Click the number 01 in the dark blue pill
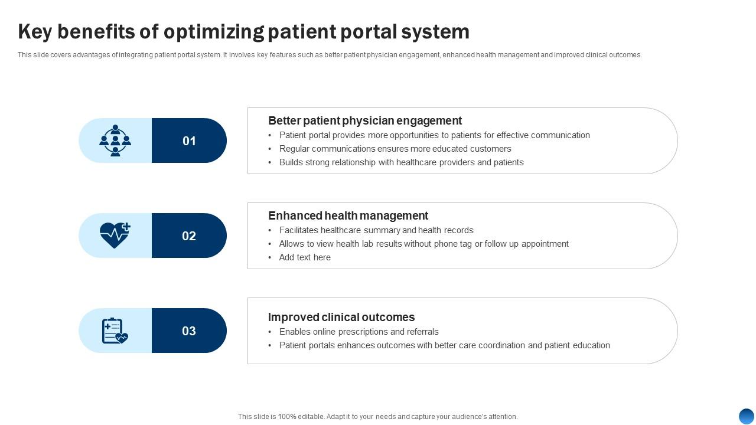point(189,141)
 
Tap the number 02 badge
point(189,236)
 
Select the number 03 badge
point(189,331)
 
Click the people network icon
point(115,140)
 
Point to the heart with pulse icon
point(115,235)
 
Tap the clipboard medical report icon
point(115,331)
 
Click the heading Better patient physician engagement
point(365,120)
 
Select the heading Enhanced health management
point(348,215)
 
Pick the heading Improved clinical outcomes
point(341,317)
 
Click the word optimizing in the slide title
point(214,32)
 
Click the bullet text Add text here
point(305,257)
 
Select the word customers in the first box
point(490,149)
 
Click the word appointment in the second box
point(545,244)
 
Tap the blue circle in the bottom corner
point(747,416)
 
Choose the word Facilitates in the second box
point(299,230)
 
